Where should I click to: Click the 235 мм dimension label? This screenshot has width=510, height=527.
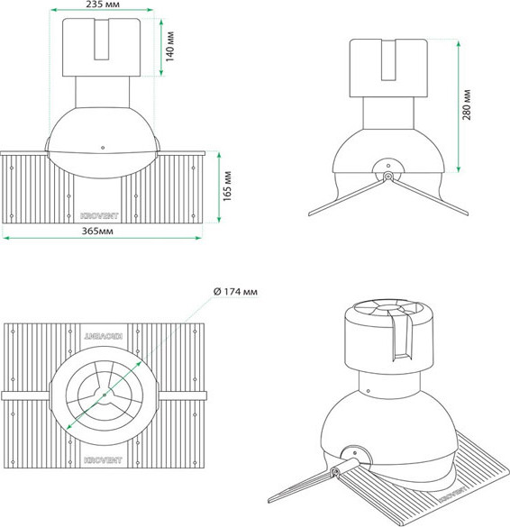104,5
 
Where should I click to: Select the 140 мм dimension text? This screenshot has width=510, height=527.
169,41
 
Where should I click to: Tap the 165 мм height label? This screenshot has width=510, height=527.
228,186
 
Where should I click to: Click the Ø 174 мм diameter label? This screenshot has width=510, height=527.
235,293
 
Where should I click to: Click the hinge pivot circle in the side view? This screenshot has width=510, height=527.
388,176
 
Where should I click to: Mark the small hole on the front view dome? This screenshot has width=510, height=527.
104,147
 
